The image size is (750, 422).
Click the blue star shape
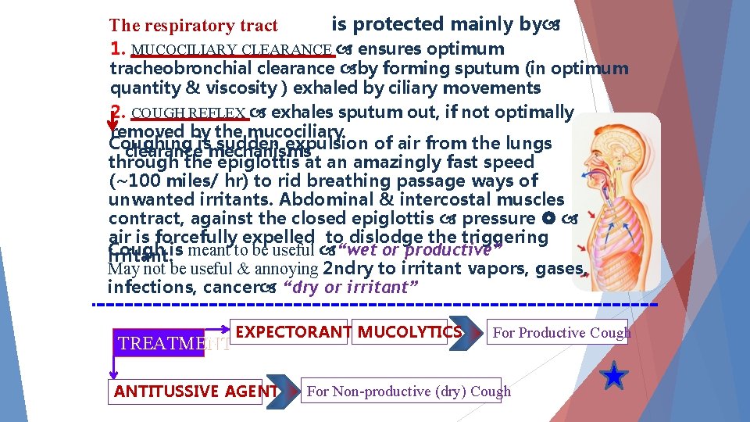click(615, 377)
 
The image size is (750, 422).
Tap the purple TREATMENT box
click(159, 343)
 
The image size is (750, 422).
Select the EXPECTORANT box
click(293, 332)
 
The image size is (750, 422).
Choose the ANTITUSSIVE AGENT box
click(196, 392)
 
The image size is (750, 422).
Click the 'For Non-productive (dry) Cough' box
click(409, 392)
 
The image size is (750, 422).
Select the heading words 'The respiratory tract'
click(193, 26)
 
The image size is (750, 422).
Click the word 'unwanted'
click(145, 200)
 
